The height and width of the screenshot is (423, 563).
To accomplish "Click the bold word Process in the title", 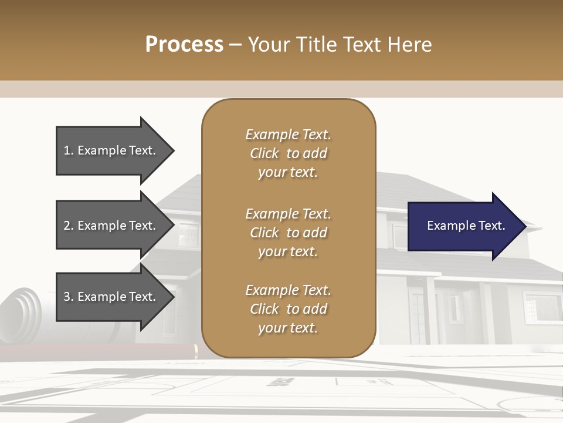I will (184, 45).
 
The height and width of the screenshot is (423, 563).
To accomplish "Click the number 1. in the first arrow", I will (69, 151).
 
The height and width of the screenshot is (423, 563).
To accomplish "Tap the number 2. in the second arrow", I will (69, 226).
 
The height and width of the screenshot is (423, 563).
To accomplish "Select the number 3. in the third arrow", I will (69, 297).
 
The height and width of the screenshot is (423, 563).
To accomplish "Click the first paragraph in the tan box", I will (288, 153).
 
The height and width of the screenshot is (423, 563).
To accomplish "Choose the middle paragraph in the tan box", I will (288, 233).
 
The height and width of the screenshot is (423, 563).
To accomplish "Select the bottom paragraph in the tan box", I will (288, 309).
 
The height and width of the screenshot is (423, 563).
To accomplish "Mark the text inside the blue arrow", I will (466, 226).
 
